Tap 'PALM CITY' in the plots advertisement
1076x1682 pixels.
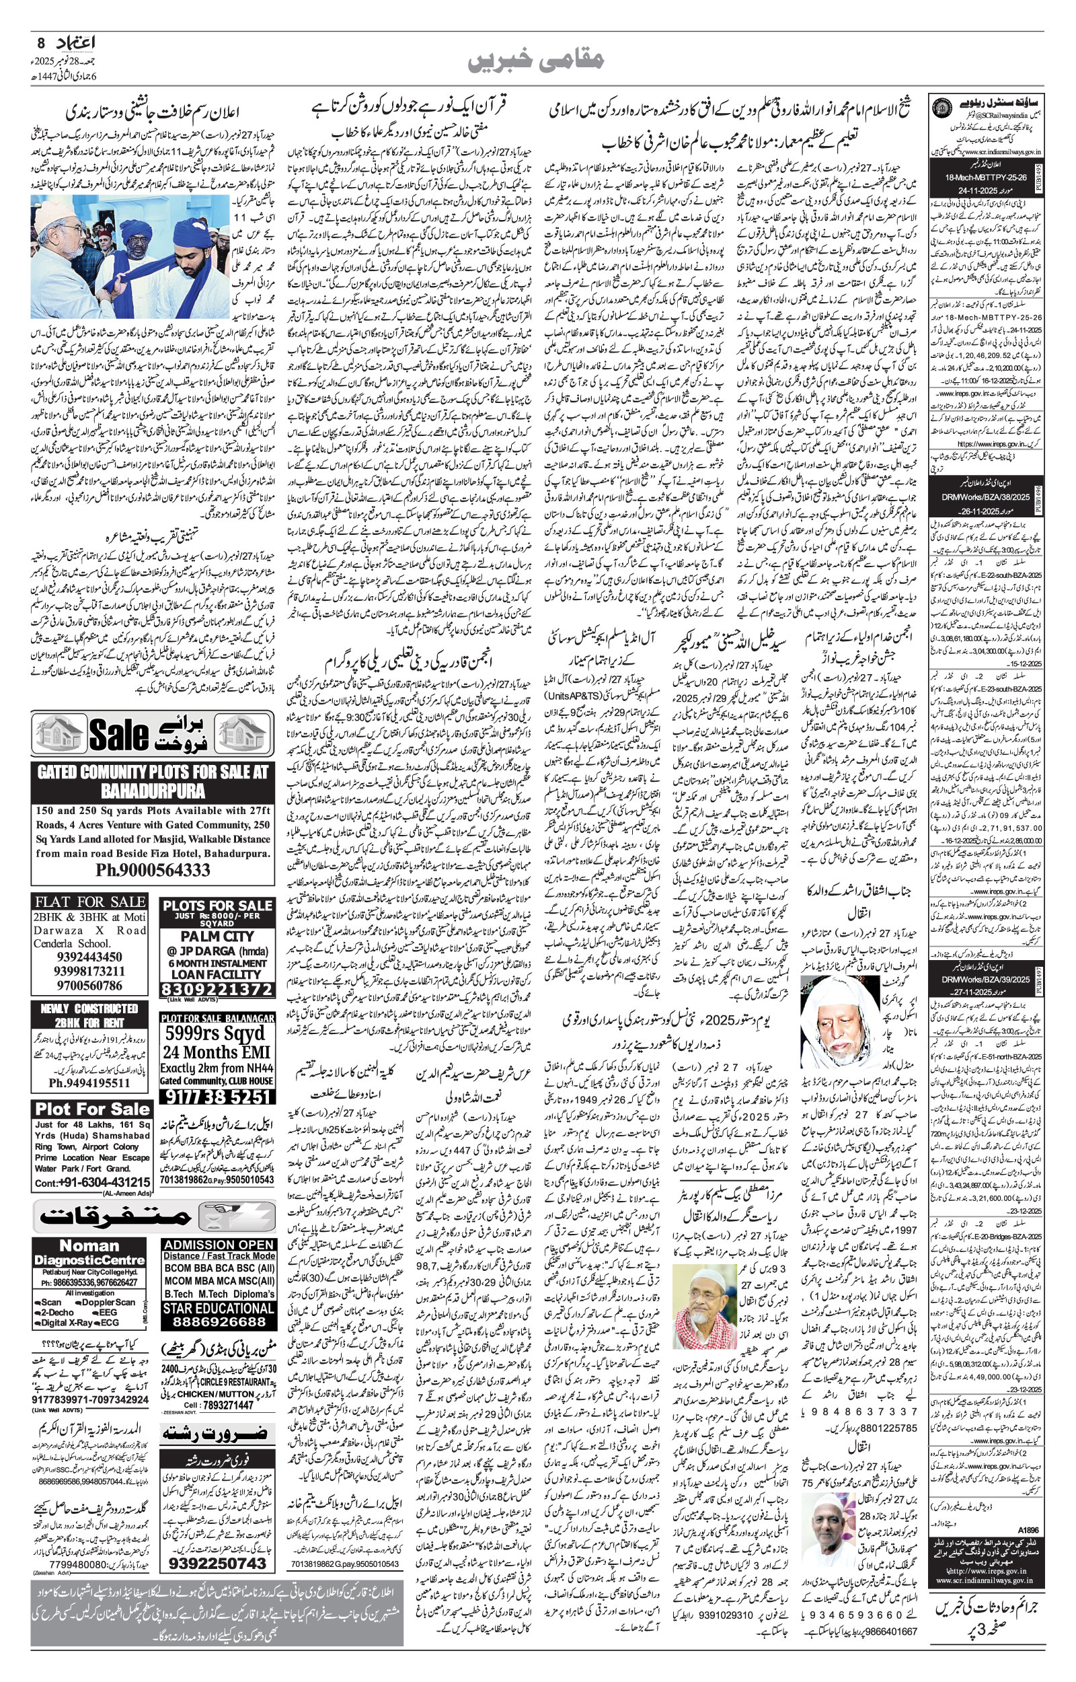click(x=217, y=936)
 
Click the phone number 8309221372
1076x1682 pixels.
click(x=217, y=990)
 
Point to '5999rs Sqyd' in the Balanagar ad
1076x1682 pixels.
click(x=217, y=1033)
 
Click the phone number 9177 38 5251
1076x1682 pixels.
click(x=217, y=1096)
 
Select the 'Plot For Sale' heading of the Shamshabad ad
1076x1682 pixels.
click(x=91, y=1109)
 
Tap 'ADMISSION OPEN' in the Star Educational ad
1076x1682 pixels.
click(x=218, y=1245)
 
